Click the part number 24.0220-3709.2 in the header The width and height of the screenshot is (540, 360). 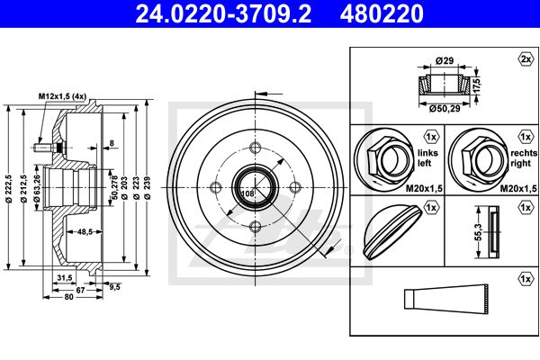pyautogui.click(x=223, y=13)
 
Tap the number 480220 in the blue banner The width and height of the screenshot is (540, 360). pyautogui.click(x=382, y=13)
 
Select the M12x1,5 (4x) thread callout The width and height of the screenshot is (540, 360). pyautogui.click(x=62, y=96)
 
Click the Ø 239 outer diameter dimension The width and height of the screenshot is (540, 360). pyautogui.click(x=148, y=187)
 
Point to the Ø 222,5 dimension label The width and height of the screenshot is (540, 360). pyautogui.click(x=9, y=189)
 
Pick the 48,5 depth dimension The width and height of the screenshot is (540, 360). pyautogui.click(x=85, y=232)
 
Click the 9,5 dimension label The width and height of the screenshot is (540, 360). pyautogui.click(x=114, y=286)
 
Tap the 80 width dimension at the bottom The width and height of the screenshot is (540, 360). pyautogui.click(x=69, y=297)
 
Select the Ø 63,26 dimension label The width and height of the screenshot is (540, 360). pyautogui.click(x=37, y=188)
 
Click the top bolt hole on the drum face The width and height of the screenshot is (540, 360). pyautogui.click(x=256, y=148)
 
